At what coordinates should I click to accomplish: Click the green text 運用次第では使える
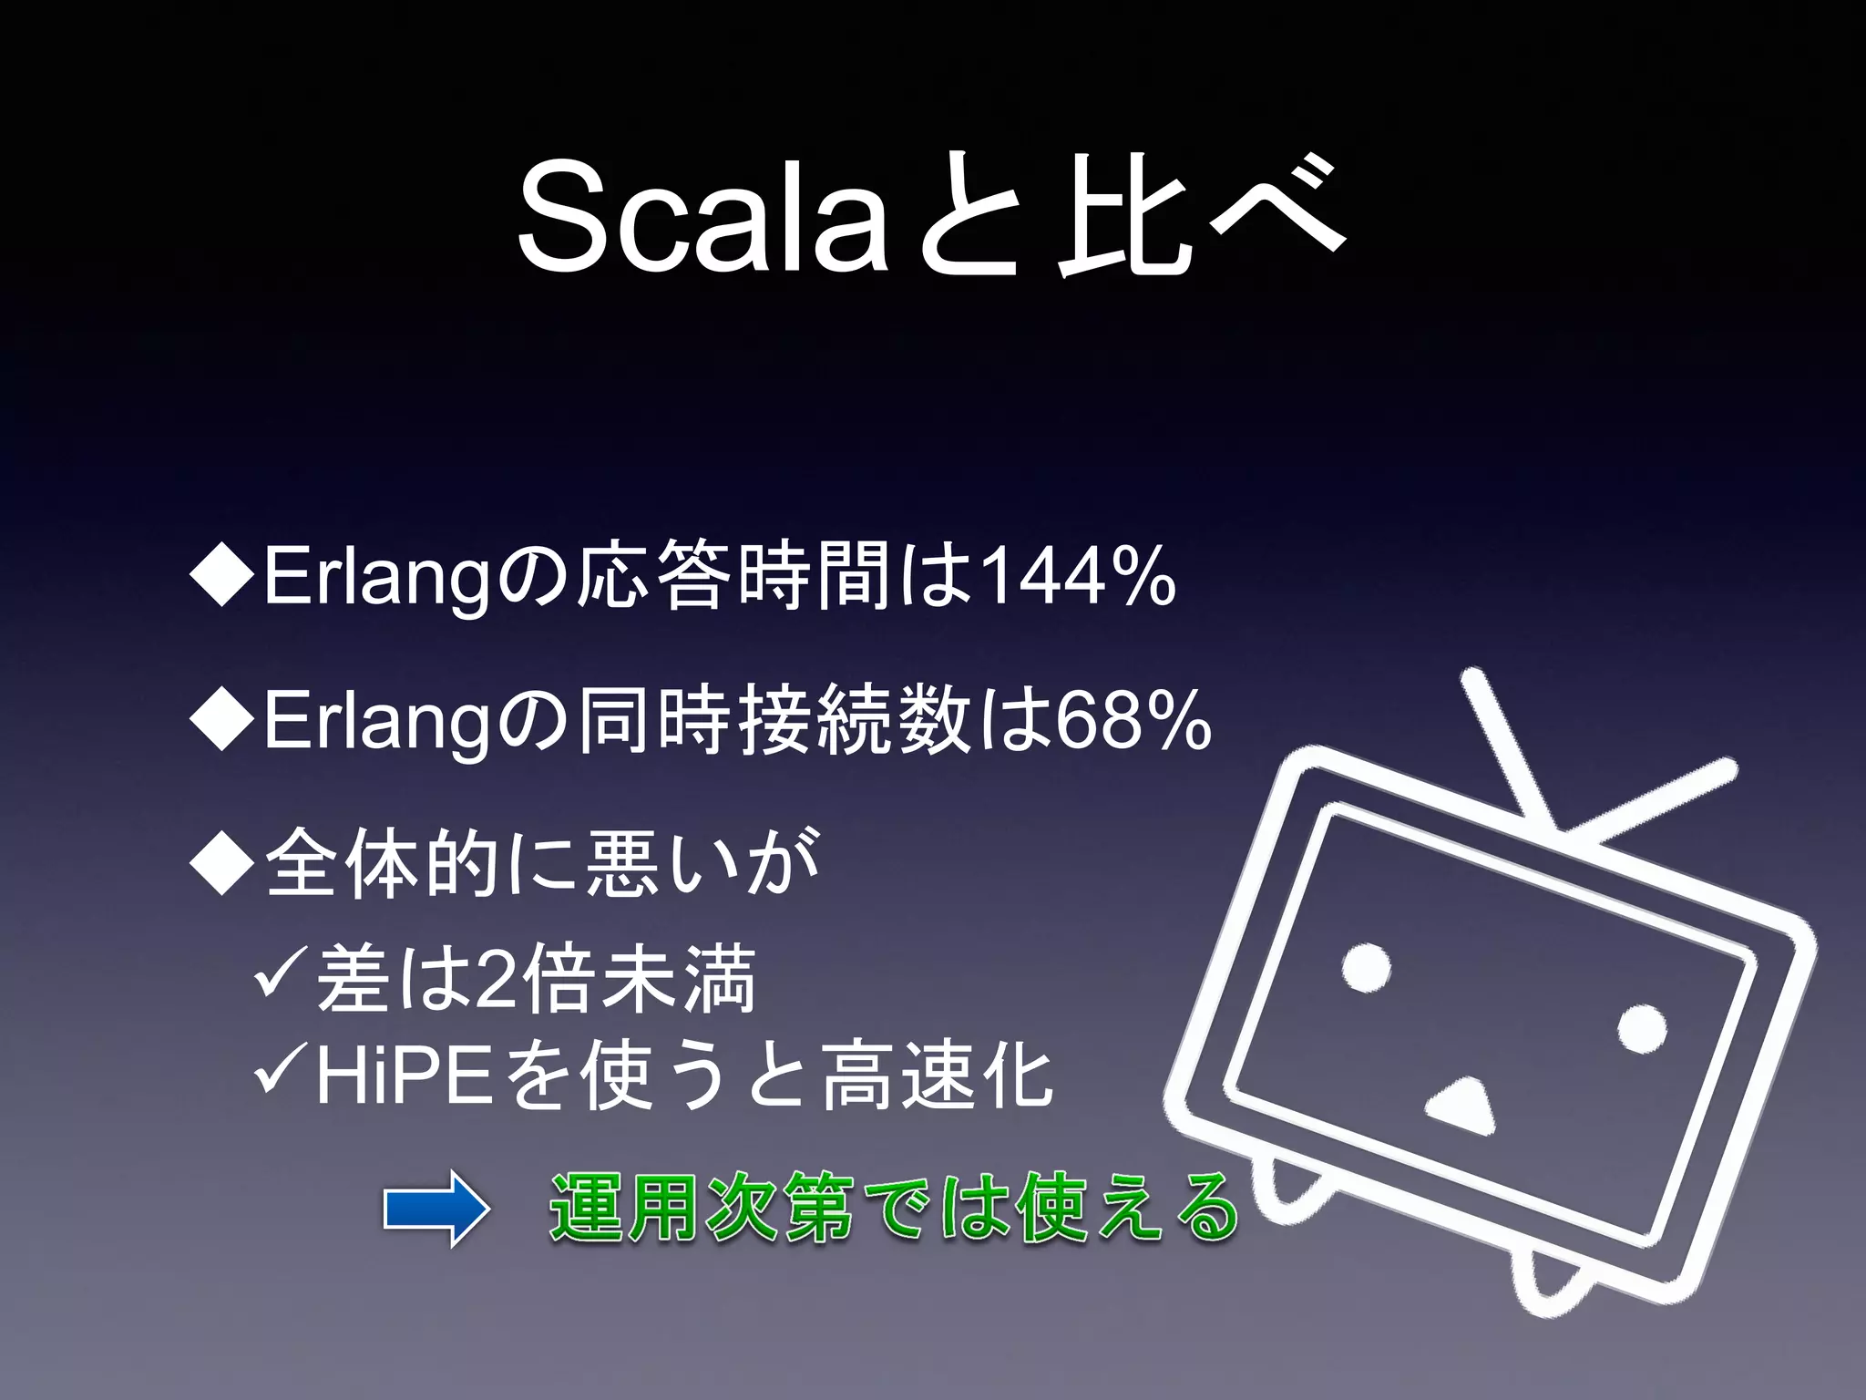tap(893, 1210)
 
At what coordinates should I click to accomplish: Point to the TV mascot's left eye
tap(1367, 966)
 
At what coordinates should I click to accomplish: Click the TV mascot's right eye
tap(1642, 1029)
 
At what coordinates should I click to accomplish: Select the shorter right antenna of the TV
tap(1654, 798)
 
